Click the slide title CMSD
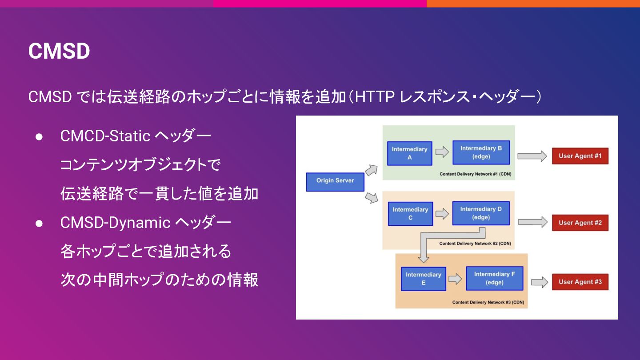click(59, 52)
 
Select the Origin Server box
click(335, 181)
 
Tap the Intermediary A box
click(409, 153)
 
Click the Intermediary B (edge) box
click(481, 152)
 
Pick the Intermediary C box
click(410, 213)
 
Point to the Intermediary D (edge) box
click(481, 213)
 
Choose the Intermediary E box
click(423, 279)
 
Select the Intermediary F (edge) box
click(494, 278)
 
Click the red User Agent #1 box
click(580, 156)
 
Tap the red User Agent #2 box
click(580, 223)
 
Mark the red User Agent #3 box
click(580, 282)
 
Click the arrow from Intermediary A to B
click(442, 152)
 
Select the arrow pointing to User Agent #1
click(532, 156)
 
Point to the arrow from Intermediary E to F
click(455, 279)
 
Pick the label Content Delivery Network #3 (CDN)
click(488, 302)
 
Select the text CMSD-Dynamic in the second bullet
click(115, 222)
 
